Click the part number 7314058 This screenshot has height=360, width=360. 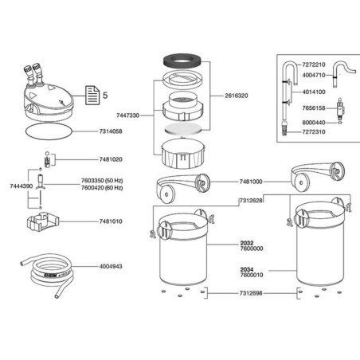(111, 131)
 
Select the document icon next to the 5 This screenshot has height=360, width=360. (92, 95)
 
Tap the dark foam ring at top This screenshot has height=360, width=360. (182, 60)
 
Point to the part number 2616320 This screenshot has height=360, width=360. (237, 96)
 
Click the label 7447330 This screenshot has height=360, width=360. (127, 115)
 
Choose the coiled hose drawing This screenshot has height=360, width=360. (46, 275)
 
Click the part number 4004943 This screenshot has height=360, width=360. (111, 266)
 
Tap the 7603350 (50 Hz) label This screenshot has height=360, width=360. (102, 181)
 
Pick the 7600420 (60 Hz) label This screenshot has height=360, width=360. (102, 188)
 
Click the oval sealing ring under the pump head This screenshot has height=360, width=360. (49, 131)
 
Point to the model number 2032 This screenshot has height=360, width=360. (247, 243)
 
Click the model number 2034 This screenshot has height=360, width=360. (247, 269)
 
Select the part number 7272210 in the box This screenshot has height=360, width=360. (314, 65)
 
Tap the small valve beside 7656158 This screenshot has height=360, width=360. (339, 108)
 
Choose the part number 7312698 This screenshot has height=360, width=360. (251, 293)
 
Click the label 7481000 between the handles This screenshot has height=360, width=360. (251, 182)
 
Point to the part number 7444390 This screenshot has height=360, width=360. (22, 186)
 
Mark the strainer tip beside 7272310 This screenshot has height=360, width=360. (284, 128)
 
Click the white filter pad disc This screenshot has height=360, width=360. (182, 128)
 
